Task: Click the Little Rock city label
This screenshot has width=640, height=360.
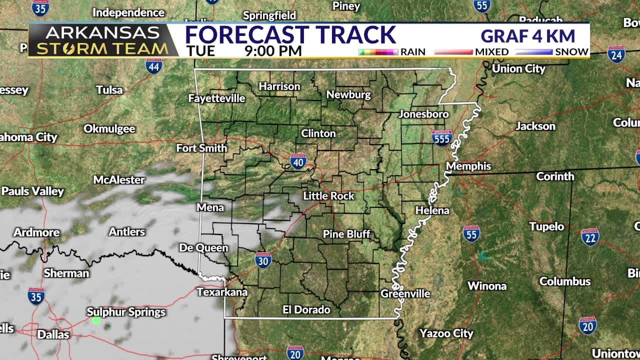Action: click(x=328, y=196)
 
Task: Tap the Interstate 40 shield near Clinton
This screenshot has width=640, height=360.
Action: click(x=298, y=161)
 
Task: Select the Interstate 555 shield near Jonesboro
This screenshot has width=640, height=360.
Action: click(x=442, y=137)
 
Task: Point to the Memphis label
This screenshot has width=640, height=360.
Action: click(x=468, y=166)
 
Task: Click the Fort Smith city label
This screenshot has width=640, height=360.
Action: click(x=201, y=148)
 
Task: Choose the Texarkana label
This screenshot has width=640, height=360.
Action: click(x=222, y=292)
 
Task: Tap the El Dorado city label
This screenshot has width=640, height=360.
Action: click(x=306, y=310)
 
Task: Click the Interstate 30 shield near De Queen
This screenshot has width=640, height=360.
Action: click(x=263, y=260)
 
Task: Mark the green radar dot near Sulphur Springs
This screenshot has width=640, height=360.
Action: click(x=96, y=320)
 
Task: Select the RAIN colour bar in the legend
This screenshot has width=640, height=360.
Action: click(x=378, y=52)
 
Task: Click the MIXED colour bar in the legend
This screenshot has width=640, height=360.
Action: click(x=453, y=52)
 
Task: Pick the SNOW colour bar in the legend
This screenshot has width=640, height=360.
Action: click(x=534, y=52)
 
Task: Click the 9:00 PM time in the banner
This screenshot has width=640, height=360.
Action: click(x=273, y=51)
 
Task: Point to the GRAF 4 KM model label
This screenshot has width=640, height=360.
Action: click(x=528, y=36)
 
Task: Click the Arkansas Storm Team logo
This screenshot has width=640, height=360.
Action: click(x=102, y=40)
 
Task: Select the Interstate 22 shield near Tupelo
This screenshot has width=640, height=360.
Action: click(x=590, y=237)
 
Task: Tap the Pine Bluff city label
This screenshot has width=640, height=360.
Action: click(x=346, y=234)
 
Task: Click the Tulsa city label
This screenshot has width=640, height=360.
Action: click(x=109, y=90)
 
